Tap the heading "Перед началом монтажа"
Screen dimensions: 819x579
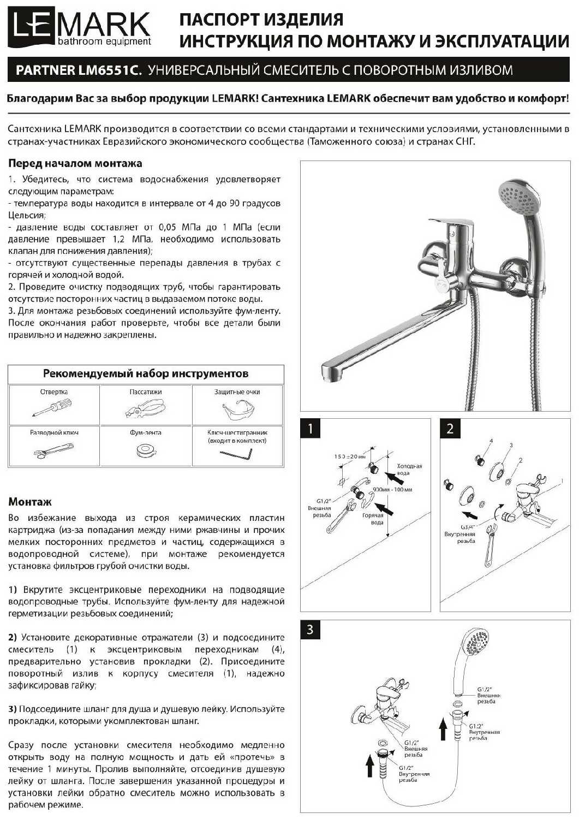(75, 163)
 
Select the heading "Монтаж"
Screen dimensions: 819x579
(30, 502)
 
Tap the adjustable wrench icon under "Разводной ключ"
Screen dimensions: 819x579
(53, 450)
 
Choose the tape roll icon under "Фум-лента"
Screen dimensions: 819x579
(146, 450)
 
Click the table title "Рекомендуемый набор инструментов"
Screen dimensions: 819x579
(146, 374)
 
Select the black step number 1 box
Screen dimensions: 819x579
(311, 429)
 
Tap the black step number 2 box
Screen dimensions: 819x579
(450, 429)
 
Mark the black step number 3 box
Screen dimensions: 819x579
(310, 630)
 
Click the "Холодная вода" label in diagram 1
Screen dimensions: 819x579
(409, 470)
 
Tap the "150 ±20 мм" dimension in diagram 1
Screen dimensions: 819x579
(350, 456)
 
